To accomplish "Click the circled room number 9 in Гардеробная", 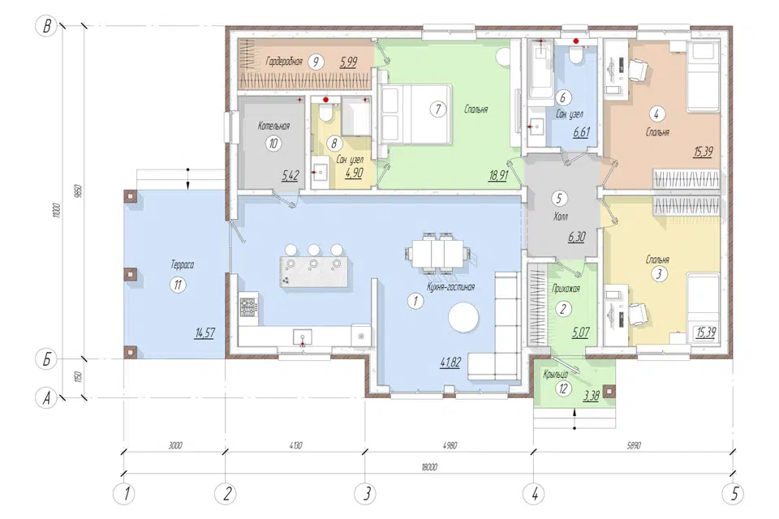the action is click(316, 62).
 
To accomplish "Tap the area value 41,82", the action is click(450, 362).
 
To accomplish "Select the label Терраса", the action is click(183, 264).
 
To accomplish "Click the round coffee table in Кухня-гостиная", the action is click(463, 318).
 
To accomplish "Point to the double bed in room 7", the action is click(415, 114).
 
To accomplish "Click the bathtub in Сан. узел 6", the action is click(540, 70).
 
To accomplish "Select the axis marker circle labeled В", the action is click(47, 25).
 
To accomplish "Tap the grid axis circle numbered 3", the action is click(366, 494).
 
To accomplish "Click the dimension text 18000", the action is click(428, 467).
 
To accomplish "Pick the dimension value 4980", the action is click(449, 445).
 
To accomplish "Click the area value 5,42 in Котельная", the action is click(291, 175).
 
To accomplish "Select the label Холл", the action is click(560, 217).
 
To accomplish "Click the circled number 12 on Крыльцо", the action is click(563, 388).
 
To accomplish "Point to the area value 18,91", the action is click(497, 175).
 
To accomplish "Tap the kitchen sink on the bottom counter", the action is click(302, 337).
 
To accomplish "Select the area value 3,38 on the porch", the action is click(591, 396).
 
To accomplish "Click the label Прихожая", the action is click(566, 288).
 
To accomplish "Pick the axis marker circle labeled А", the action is click(47, 398).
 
